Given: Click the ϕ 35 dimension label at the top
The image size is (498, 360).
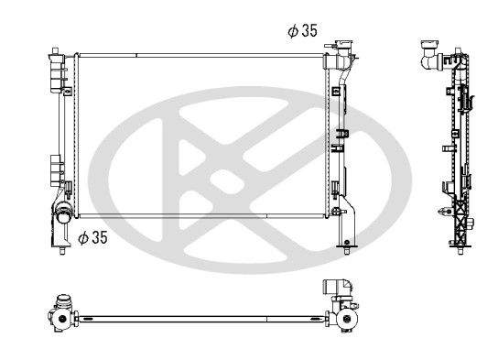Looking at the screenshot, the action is click(302, 31).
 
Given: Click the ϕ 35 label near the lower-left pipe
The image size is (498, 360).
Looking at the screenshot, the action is click(92, 237).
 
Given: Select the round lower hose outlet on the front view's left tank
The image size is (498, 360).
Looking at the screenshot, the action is click(63, 213).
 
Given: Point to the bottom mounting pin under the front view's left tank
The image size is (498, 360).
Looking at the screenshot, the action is click(62, 251).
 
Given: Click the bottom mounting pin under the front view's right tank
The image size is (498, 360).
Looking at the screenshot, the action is click(347, 250).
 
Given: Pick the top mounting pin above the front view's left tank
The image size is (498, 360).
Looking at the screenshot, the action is click(55, 50).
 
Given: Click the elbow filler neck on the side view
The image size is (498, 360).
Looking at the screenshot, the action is click(429, 55).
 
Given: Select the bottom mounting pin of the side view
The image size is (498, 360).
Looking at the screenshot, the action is click(460, 251).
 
